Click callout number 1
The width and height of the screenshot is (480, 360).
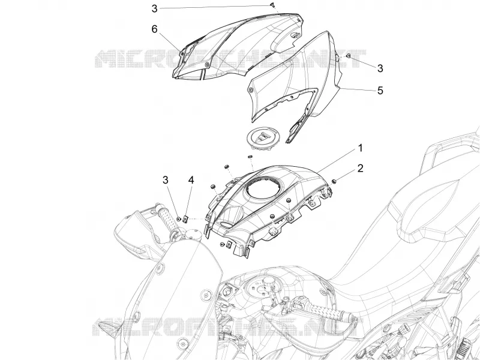point(361,148)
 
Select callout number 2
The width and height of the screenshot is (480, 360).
point(361,168)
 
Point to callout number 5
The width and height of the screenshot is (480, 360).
point(380,91)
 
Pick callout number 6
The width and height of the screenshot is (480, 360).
point(154,29)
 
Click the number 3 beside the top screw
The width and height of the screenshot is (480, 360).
point(154,8)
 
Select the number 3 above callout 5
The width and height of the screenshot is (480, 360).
point(380,68)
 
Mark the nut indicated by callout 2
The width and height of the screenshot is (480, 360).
point(334,182)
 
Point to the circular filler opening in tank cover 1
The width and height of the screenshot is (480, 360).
point(262,189)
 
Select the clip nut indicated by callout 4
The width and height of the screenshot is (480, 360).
point(185,218)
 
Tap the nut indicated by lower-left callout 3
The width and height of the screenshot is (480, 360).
point(178,218)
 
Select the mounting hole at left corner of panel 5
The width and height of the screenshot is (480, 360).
point(251,90)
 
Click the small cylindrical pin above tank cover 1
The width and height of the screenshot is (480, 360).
point(250,157)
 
